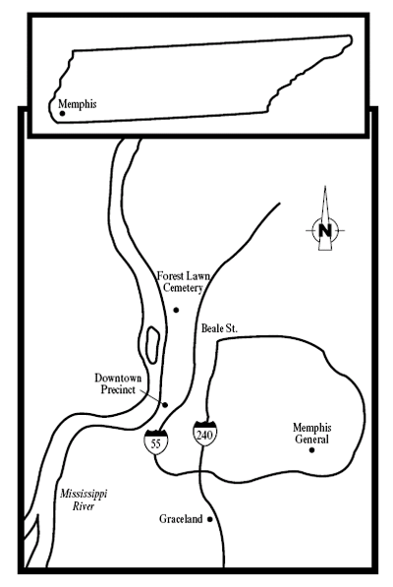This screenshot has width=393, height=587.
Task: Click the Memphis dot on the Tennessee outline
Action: coord(63,113)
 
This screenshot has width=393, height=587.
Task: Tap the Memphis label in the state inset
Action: coord(78,104)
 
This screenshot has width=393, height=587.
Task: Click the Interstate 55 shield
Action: coord(156,442)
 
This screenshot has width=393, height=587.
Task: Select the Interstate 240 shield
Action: coord(205,434)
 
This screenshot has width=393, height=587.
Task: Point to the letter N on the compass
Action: coord(325,230)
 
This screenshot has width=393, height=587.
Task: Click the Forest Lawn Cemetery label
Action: coord(183,282)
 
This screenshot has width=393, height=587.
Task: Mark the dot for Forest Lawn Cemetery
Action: coord(176,310)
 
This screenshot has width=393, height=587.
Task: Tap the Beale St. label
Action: coord(219,328)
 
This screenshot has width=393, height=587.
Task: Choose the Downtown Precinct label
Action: coord(118,383)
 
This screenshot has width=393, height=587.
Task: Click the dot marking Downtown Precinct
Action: coord(166,405)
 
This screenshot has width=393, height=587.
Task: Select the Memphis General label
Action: coord(311,433)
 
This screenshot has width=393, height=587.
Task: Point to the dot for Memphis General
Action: coord(311,450)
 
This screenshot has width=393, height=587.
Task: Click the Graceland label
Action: coord(181,519)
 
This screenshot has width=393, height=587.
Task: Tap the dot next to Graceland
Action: coord(210,519)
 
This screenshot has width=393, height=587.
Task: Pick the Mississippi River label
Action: coord(84,499)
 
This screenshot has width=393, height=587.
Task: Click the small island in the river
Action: coord(152,345)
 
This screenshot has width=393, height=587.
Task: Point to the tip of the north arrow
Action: coord(325,186)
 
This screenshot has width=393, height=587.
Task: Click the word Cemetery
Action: coord(183,288)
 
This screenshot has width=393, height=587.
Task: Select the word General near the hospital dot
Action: coord(311,439)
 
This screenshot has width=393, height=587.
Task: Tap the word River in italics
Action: coord(84,506)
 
